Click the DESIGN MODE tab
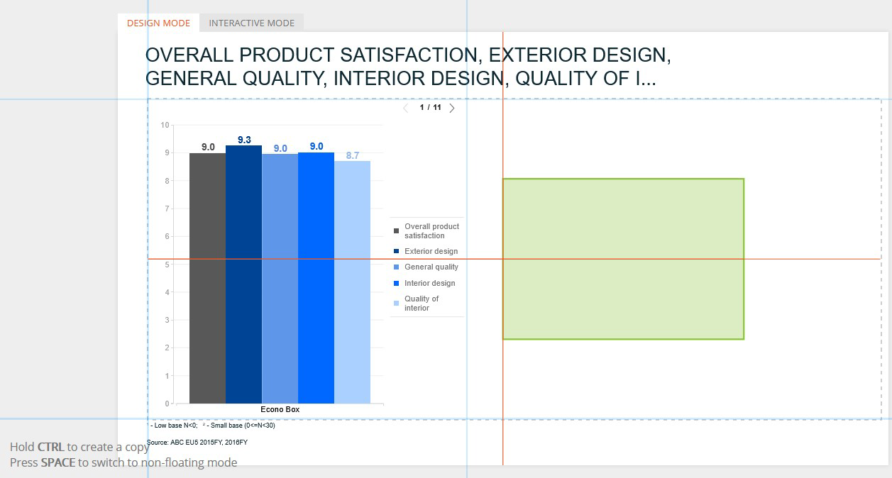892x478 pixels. click(158, 23)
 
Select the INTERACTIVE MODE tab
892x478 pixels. click(252, 23)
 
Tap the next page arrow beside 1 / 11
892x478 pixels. click(452, 108)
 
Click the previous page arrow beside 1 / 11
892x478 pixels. click(405, 108)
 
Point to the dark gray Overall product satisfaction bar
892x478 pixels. click(207, 278)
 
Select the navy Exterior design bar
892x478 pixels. click(243, 274)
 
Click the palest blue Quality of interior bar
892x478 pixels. click(353, 282)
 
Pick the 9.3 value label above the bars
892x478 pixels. click(244, 140)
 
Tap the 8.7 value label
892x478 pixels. click(353, 155)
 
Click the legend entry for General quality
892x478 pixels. click(426, 267)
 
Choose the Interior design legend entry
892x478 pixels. click(424, 283)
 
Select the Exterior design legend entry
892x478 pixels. click(426, 251)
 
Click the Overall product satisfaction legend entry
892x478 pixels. click(426, 230)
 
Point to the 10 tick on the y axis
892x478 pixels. click(165, 125)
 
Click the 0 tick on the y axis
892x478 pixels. click(167, 404)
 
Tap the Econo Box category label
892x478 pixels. click(280, 409)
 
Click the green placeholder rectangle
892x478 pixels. click(623, 259)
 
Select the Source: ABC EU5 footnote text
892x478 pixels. click(197, 442)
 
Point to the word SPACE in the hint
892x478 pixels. click(58, 462)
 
